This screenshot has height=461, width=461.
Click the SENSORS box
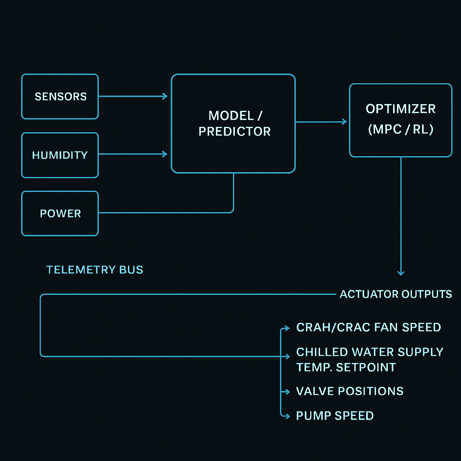(x=60, y=96)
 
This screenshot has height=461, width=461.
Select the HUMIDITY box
(x=60, y=155)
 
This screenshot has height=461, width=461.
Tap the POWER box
(x=60, y=213)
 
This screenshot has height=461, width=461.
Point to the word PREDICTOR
(x=235, y=131)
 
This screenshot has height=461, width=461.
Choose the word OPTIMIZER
(x=400, y=109)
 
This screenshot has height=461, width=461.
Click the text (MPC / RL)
(x=400, y=130)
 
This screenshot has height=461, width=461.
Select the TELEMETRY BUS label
(x=95, y=270)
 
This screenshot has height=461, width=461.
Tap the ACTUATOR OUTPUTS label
(x=396, y=294)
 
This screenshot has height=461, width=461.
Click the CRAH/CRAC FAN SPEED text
(x=368, y=327)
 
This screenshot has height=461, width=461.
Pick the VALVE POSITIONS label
(x=349, y=391)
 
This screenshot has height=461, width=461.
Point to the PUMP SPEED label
(x=334, y=416)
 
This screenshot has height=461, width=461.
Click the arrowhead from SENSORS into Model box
(x=165, y=96)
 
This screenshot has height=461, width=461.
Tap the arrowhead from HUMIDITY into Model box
(x=165, y=154)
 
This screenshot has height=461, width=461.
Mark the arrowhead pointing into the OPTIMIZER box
(x=344, y=122)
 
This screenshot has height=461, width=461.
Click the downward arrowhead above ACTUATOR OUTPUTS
(x=401, y=273)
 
